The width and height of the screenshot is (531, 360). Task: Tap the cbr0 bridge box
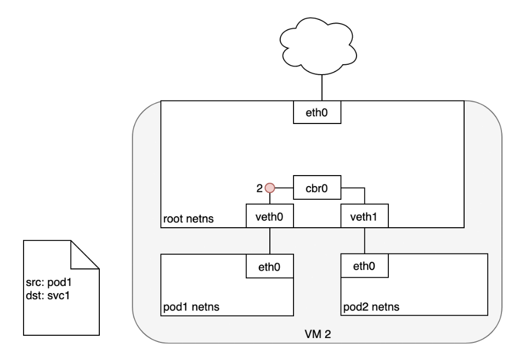318,188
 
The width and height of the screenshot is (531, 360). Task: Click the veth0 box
270,216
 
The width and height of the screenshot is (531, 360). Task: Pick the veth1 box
364,216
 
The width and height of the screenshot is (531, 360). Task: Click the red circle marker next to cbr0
269,188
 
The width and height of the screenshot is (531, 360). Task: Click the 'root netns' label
188,220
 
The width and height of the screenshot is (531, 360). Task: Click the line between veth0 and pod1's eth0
270,241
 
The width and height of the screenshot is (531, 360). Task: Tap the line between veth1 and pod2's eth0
364,241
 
